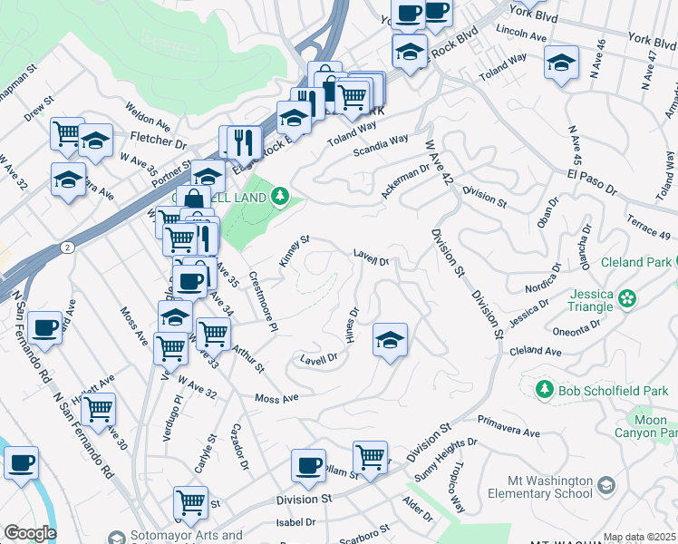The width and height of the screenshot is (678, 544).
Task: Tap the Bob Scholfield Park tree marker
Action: [x=544, y=390]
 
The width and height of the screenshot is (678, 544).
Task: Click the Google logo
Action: [x=30, y=533]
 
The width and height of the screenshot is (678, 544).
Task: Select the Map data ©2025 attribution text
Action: [x=639, y=537]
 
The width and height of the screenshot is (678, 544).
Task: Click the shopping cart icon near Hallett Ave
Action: [x=98, y=410]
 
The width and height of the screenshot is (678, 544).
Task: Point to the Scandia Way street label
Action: [x=381, y=146]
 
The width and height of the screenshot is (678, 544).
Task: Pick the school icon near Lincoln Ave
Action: [x=561, y=63]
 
